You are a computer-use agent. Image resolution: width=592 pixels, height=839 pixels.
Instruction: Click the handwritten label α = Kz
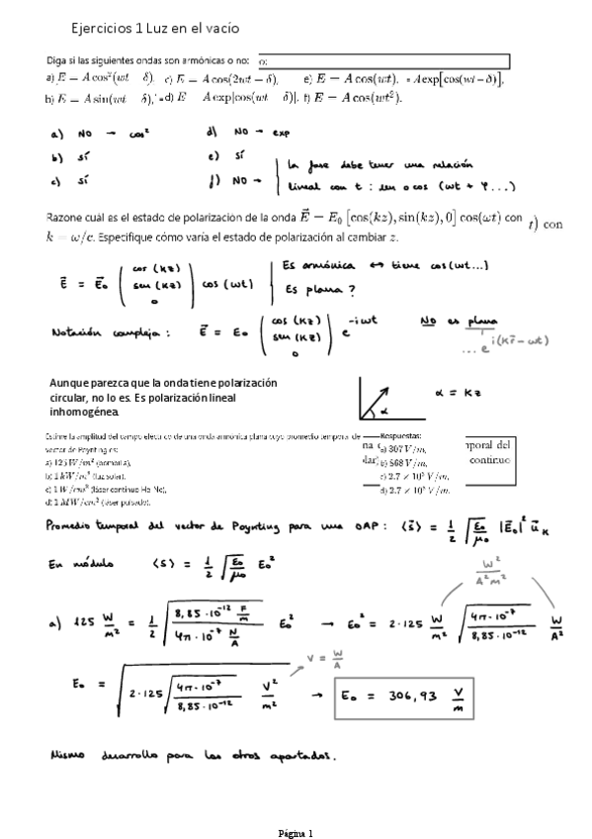459,392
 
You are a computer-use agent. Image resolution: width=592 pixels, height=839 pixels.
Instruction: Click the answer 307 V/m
410,447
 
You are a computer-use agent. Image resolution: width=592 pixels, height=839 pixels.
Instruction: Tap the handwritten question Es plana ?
318,290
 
